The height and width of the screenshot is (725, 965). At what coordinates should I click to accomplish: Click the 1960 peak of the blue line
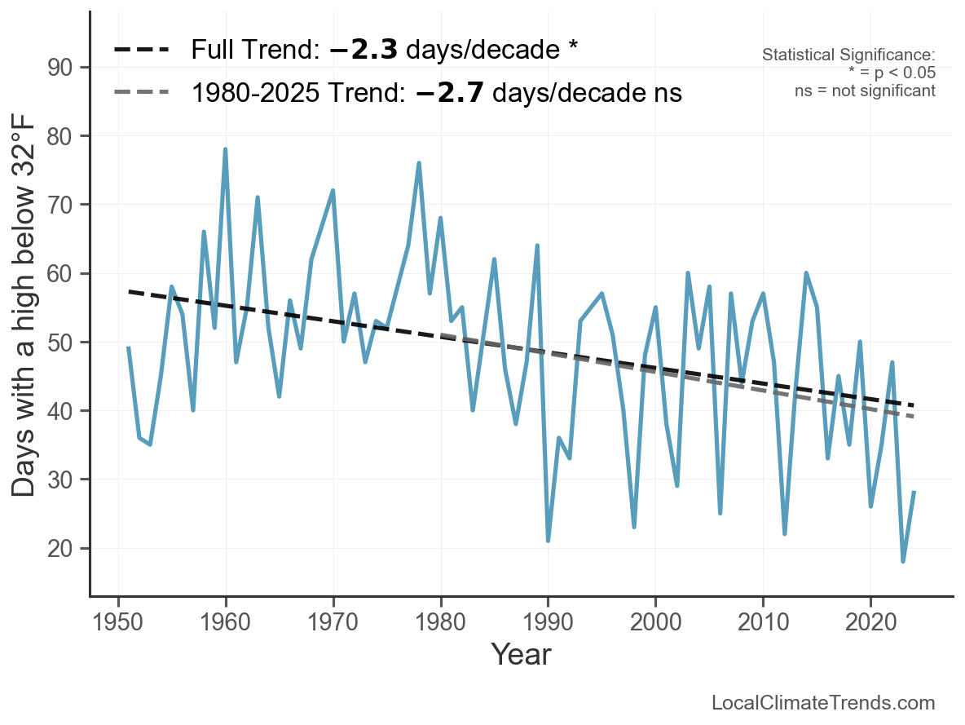pyautogui.click(x=225, y=149)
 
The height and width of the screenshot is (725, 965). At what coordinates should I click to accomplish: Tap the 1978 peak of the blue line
pyautogui.click(x=418, y=162)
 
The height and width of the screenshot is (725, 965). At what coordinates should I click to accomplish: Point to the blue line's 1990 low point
pyautogui.click(x=548, y=540)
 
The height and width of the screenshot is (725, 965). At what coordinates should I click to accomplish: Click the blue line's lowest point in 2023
pyautogui.click(x=903, y=560)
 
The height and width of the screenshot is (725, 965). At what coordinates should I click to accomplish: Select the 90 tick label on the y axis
pyautogui.click(x=59, y=68)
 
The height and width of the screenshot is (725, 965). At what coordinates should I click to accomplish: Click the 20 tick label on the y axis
pyautogui.click(x=59, y=548)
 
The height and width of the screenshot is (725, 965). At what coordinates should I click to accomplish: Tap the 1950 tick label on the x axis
pyautogui.click(x=117, y=622)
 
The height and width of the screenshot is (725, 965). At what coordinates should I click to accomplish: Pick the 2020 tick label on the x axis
pyautogui.click(x=870, y=622)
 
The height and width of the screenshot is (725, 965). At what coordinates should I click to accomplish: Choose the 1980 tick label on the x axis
pyautogui.click(x=440, y=622)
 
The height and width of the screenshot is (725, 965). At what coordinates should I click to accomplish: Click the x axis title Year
pyautogui.click(x=522, y=654)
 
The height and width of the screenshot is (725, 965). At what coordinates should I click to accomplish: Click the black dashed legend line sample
pyautogui.click(x=142, y=49)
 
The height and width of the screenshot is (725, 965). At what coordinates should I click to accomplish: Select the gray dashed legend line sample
pyautogui.click(x=142, y=92)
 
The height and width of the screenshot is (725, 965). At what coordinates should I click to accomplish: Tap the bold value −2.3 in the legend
pyautogui.click(x=364, y=50)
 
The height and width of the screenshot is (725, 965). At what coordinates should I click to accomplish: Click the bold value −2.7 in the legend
pyautogui.click(x=450, y=93)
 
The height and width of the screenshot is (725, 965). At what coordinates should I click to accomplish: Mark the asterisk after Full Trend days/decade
pyautogui.click(x=573, y=46)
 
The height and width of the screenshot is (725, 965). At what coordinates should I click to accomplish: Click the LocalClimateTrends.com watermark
pyautogui.click(x=823, y=702)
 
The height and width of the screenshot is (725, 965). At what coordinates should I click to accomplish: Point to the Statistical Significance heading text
pyautogui.click(x=848, y=55)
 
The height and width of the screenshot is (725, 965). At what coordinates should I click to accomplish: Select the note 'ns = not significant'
pyautogui.click(x=866, y=91)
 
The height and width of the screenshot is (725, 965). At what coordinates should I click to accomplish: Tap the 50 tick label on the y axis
pyautogui.click(x=59, y=342)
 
